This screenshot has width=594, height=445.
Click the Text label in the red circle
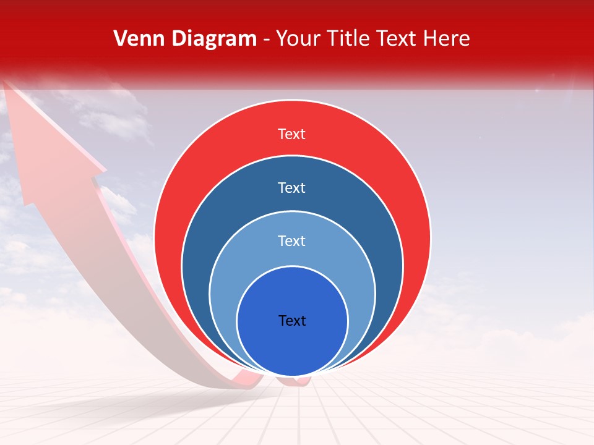(x=292, y=134)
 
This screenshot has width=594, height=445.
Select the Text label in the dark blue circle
(x=292, y=187)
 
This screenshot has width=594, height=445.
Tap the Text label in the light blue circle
(x=292, y=240)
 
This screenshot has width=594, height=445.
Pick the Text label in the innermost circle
(x=292, y=320)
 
